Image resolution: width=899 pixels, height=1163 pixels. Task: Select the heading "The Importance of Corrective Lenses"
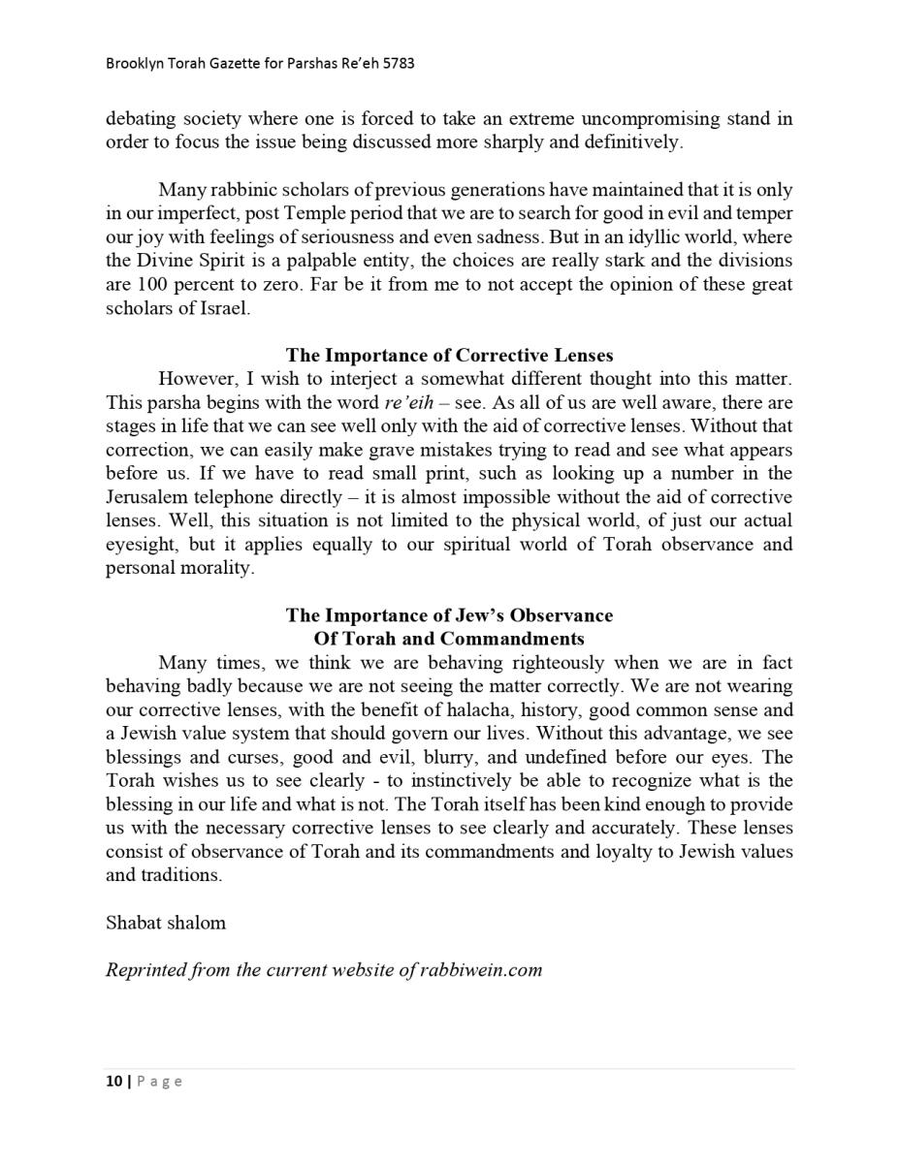point(449,355)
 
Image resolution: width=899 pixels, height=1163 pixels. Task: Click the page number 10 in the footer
point(113,1082)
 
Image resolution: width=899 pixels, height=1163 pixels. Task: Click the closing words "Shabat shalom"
point(166,923)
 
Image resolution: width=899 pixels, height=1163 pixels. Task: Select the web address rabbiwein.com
point(481,970)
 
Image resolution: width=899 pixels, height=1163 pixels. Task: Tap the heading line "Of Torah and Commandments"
point(449,639)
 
